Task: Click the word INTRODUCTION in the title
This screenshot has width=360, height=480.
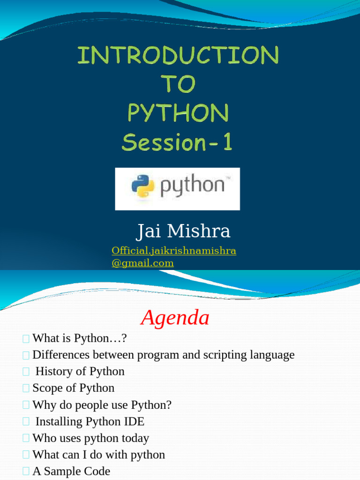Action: [178, 55]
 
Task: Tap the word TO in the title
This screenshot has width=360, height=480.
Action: [179, 83]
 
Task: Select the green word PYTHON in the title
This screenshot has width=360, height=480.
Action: [178, 112]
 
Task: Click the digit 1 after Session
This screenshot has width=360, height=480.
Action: [227, 142]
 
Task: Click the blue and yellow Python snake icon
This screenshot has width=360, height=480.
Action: [142, 186]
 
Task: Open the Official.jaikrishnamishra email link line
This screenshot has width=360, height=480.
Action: [174, 250]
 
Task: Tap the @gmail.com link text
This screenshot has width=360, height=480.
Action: [142, 263]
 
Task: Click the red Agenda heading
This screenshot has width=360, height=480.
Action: [175, 317]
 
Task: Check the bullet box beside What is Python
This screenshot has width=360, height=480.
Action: [26, 338]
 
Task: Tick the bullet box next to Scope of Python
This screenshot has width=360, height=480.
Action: [26, 388]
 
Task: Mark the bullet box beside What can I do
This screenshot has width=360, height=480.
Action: [26, 455]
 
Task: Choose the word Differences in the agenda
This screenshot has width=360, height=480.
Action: [61, 355]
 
